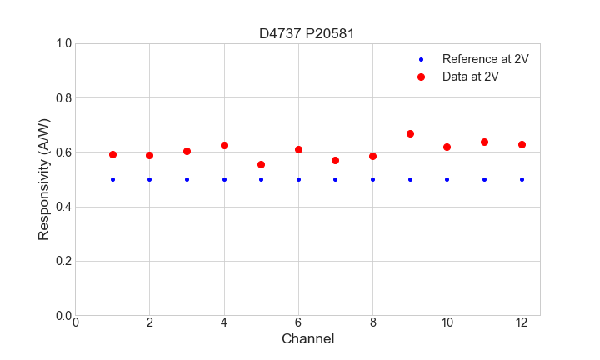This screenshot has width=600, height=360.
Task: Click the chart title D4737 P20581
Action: [307, 33]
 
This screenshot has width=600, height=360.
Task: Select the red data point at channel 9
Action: [410, 133]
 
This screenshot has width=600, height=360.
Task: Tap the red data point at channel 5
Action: [261, 164]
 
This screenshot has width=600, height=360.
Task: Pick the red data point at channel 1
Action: [112, 154]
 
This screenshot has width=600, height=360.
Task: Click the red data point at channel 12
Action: [522, 144]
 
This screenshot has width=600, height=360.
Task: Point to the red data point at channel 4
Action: [224, 145]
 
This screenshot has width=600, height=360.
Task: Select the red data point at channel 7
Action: [335, 160]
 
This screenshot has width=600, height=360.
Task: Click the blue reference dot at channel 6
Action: [298, 179]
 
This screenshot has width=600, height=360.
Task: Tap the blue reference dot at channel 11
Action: [484, 179]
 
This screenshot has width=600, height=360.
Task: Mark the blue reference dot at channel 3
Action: [187, 179]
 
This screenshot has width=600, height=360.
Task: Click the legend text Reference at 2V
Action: [485, 59]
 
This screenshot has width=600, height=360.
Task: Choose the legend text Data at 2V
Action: [470, 77]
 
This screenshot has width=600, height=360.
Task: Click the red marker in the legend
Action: [421, 77]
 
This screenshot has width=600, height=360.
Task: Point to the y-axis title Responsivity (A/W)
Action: [44, 179]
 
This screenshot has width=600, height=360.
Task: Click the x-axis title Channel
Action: [307, 339]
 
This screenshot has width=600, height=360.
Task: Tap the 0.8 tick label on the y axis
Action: [62, 98]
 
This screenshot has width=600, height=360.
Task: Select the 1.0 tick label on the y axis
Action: [62, 43]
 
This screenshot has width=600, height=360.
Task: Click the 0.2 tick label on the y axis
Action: [62, 261]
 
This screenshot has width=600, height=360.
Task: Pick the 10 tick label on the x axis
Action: [447, 322]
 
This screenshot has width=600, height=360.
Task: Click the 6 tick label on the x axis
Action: [298, 322]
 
